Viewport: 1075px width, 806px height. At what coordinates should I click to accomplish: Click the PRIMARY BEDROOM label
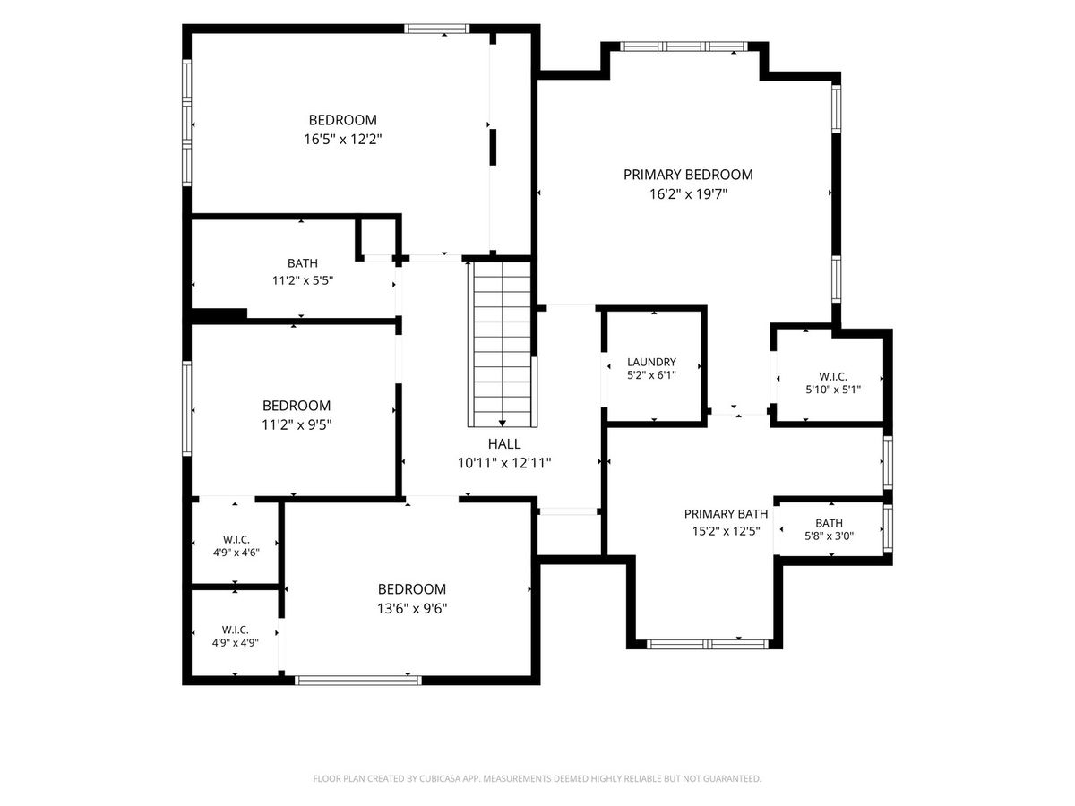(x=688, y=175)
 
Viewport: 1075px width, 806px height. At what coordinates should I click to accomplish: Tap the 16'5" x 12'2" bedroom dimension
(x=342, y=140)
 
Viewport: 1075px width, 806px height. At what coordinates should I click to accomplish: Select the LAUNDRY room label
(x=651, y=362)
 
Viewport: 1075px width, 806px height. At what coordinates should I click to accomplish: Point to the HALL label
(x=504, y=444)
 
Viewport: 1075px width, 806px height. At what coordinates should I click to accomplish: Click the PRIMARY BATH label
(x=726, y=514)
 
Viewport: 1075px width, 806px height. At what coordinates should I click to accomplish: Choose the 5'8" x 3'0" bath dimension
(x=830, y=536)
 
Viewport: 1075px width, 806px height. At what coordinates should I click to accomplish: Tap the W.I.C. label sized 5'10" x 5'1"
(x=833, y=377)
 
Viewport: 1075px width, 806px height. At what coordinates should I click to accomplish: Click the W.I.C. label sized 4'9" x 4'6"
(x=236, y=539)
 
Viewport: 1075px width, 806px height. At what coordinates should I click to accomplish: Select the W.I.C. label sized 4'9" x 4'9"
(x=235, y=630)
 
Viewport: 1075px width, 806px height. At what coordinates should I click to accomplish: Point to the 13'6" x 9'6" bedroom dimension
(x=412, y=609)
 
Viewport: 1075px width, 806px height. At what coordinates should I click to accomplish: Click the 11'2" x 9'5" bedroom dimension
(x=297, y=424)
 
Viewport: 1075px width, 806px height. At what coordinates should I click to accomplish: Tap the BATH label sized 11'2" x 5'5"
(x=303, y=263)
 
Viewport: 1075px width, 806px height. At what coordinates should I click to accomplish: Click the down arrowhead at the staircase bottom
(x=502, y=424)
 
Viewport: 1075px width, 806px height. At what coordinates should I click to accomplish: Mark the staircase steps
(x=502, y=344)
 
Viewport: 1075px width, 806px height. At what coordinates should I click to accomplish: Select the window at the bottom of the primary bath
(x=708, y=644)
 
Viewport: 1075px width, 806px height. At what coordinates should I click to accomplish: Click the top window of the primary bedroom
(x=684, y=47)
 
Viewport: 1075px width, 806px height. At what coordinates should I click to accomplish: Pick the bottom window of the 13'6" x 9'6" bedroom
(x=358, y=681)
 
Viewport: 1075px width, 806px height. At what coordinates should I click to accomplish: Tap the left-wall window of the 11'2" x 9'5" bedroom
(x=186, y=408)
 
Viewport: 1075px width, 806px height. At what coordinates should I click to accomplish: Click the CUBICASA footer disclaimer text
(x=537, y=778)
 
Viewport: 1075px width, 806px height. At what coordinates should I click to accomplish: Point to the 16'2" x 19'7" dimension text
(x=688, y=194)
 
